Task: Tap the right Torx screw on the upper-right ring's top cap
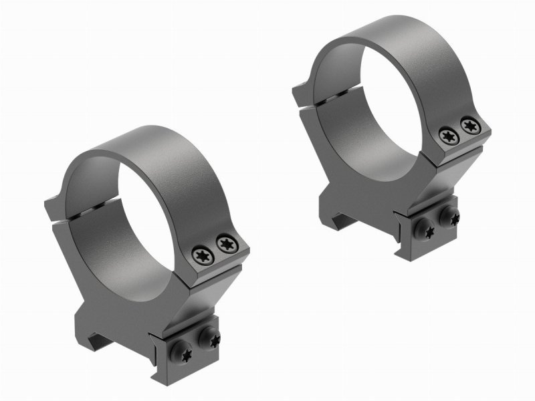pyautogui.click(x=467, y=124)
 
